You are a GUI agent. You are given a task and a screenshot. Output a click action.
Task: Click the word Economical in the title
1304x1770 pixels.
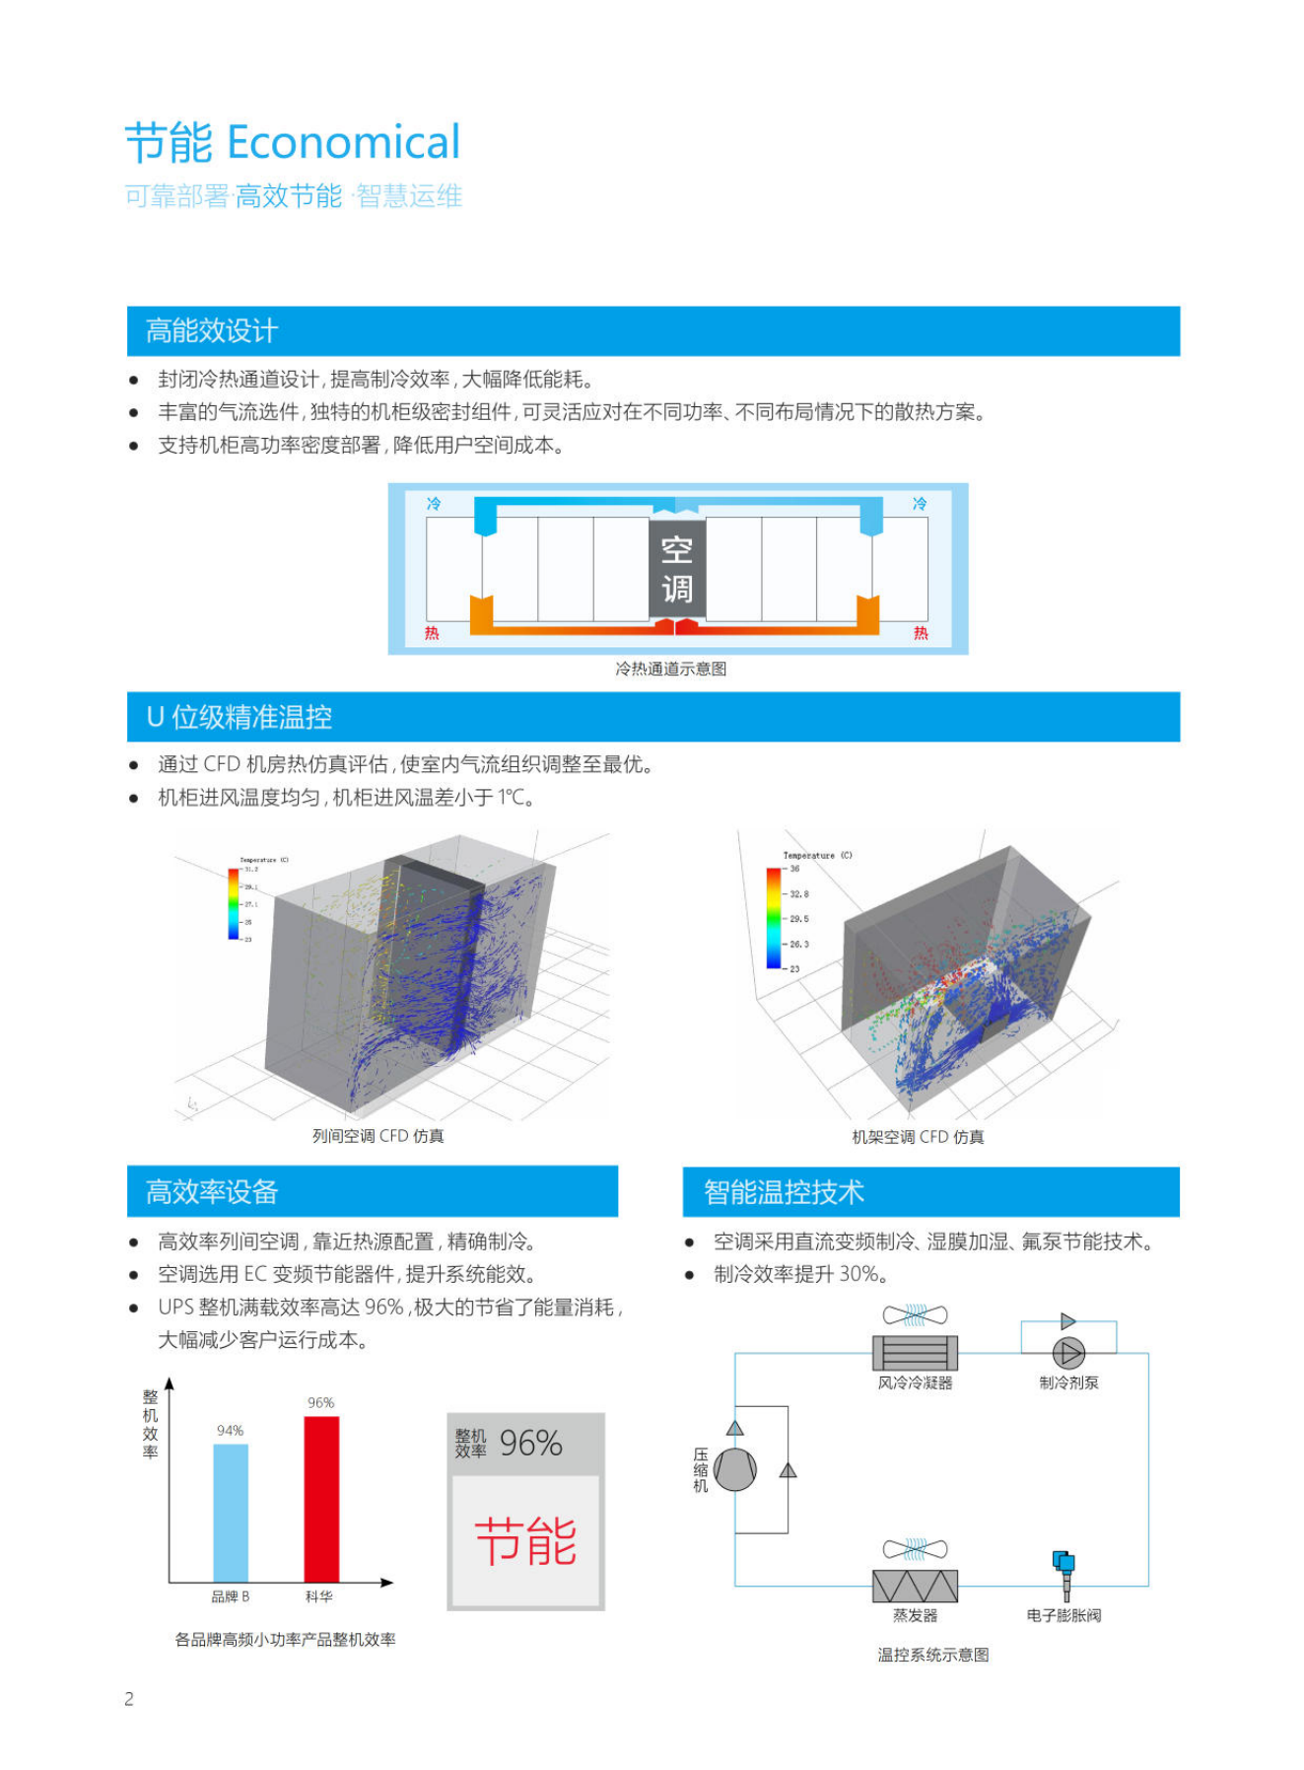(343, 143)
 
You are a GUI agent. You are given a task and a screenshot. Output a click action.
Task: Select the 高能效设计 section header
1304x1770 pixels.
(212, 331)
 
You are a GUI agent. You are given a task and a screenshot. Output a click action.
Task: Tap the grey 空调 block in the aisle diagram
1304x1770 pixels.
(676, 570)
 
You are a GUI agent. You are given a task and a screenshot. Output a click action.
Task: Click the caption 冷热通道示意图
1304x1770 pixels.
(670, 670)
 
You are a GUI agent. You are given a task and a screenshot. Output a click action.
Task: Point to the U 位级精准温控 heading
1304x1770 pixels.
(240, 717)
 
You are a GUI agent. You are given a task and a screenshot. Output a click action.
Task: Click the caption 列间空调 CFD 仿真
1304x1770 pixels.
(378, 1136)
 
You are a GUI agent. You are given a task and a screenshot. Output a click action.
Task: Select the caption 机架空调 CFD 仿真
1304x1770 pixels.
(918, 1137)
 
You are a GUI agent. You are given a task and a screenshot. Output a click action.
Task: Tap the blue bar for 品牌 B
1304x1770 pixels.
(231, 1513)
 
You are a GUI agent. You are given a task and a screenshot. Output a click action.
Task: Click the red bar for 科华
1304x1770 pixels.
(321, 1499)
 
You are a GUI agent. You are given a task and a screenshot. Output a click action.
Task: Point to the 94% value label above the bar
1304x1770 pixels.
(231, 1431)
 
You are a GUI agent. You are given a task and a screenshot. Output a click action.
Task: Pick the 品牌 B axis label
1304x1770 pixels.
(231, 1596)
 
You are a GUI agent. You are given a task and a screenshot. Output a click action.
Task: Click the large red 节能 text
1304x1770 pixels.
(525, 1542)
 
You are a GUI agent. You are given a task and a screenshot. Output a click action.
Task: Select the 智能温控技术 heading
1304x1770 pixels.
(784, 1192)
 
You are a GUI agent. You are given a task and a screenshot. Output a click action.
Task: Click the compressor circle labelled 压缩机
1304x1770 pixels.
(735, 1469)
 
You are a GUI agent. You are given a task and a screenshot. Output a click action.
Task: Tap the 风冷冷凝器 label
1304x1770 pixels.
(915, 1383)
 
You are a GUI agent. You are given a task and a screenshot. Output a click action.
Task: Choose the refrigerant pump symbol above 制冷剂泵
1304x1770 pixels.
(1068, 1353)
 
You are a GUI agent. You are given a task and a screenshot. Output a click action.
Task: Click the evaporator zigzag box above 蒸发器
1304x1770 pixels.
(915, 1586)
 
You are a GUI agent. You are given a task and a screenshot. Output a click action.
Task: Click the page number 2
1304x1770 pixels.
(129, 1699)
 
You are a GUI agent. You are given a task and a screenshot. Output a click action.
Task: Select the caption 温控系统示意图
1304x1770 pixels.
(933, 1655)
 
